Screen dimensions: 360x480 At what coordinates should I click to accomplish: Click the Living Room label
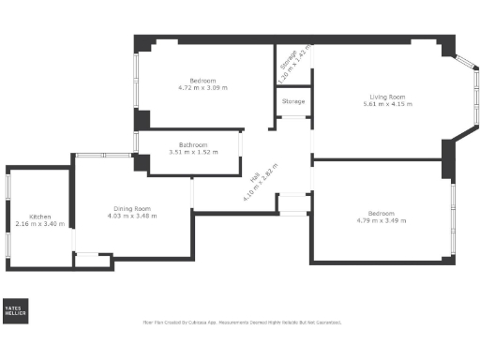pyautogui.click(x=381, y=97)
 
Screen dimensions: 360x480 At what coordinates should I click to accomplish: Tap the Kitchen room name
pyautogui.click(x=39, y=216)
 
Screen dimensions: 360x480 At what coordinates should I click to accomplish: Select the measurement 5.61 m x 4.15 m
pyautogui.click(x=381, y=104)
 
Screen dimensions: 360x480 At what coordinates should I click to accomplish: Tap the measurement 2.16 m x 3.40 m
pyautogui.click(x=39, y=223)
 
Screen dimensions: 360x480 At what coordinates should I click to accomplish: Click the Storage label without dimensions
pyautogui.click(x=292, y=101)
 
